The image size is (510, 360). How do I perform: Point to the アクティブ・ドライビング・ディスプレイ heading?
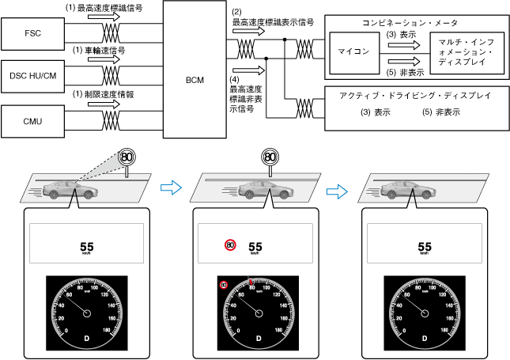(416, 95)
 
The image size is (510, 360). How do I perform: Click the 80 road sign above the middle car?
(270, 157)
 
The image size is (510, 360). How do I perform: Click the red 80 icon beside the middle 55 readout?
(230, 245)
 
